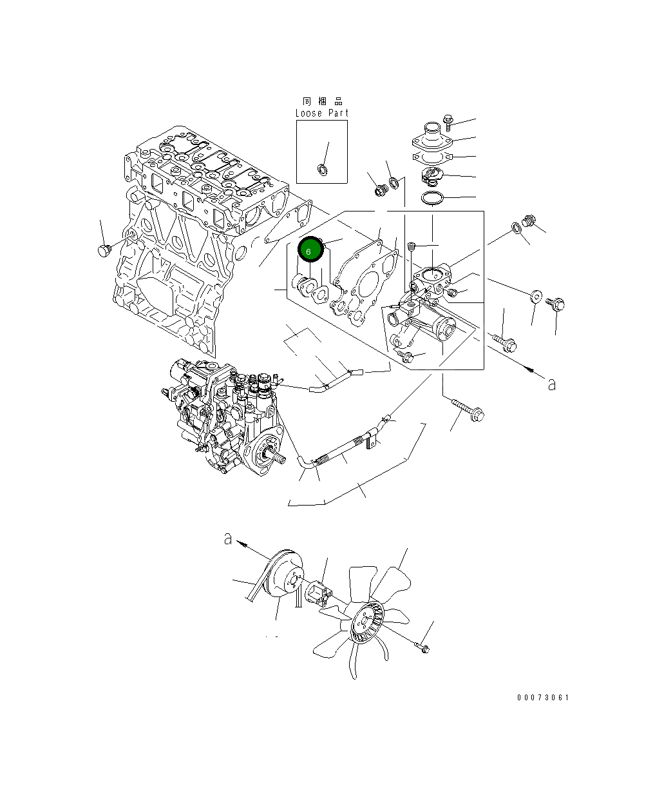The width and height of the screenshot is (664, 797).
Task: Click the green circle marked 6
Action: pyautogui.click(x=309, y=250)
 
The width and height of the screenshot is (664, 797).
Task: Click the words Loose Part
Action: pyautogui.click(x=321, y=113)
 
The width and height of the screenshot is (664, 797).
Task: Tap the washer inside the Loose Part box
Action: pyautogui.click(x=321, y=170)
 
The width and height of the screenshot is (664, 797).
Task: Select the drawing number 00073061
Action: pyautogui.click(x=543, y=698)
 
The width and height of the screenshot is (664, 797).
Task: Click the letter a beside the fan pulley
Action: pyautogui.click(x=228, y=538)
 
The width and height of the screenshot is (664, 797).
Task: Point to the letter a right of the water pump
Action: pyautogui.click(x=551, y=384)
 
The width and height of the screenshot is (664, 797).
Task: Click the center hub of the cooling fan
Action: pyautogui.click(x=364, y=622)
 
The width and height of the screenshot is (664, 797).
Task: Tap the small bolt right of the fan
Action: pyautogui.click(x=422, y=647)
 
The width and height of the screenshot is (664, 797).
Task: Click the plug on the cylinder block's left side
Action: pyautogui.click(x=103, y=249)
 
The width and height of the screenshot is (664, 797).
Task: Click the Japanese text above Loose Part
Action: pyautogui.click(x=323, y=101)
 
